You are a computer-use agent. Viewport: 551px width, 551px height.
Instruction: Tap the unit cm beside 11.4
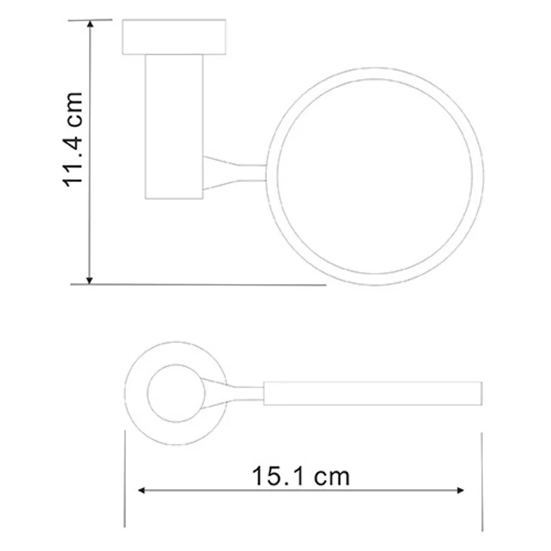73,110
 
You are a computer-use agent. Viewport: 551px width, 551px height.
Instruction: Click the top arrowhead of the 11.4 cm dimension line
90,24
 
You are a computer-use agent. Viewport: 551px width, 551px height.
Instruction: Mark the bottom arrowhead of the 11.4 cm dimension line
90,278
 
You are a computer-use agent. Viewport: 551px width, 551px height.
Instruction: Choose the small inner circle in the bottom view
176,393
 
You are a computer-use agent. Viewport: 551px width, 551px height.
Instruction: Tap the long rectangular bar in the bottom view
372,393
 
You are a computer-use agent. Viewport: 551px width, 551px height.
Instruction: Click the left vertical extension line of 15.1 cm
125,482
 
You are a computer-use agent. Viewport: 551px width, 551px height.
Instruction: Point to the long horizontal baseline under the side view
207,283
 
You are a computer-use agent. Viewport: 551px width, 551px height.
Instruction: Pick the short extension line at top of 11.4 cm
96,20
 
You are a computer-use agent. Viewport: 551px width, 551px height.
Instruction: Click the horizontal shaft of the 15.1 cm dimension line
303,490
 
